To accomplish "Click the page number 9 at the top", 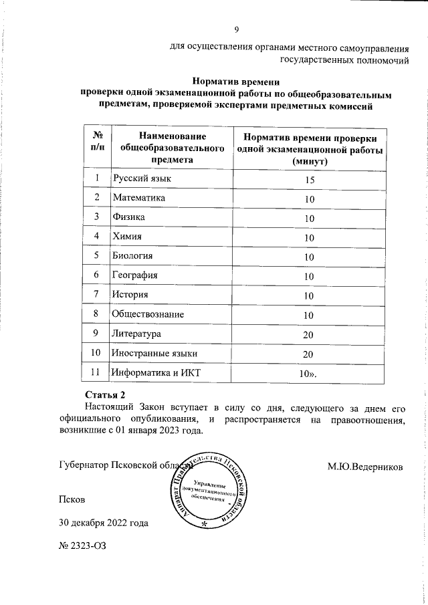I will coord(235,29).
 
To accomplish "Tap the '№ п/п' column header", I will coord(97,141).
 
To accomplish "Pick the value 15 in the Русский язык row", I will coord(309,180).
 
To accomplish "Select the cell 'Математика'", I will coord(139,198).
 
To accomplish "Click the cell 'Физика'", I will coord(128,217).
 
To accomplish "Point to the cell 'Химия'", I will coord(127,237).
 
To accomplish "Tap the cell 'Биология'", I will coord(132,256).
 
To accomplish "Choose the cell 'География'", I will coord(135,275).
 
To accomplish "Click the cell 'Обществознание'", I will coord(148,314).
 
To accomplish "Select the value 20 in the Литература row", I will coord(309,334).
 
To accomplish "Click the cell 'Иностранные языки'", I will coord(154,352).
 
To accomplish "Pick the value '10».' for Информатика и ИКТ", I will coord(309,372).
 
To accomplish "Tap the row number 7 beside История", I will coord(97,294).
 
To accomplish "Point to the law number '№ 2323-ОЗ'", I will coord(83,546).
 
